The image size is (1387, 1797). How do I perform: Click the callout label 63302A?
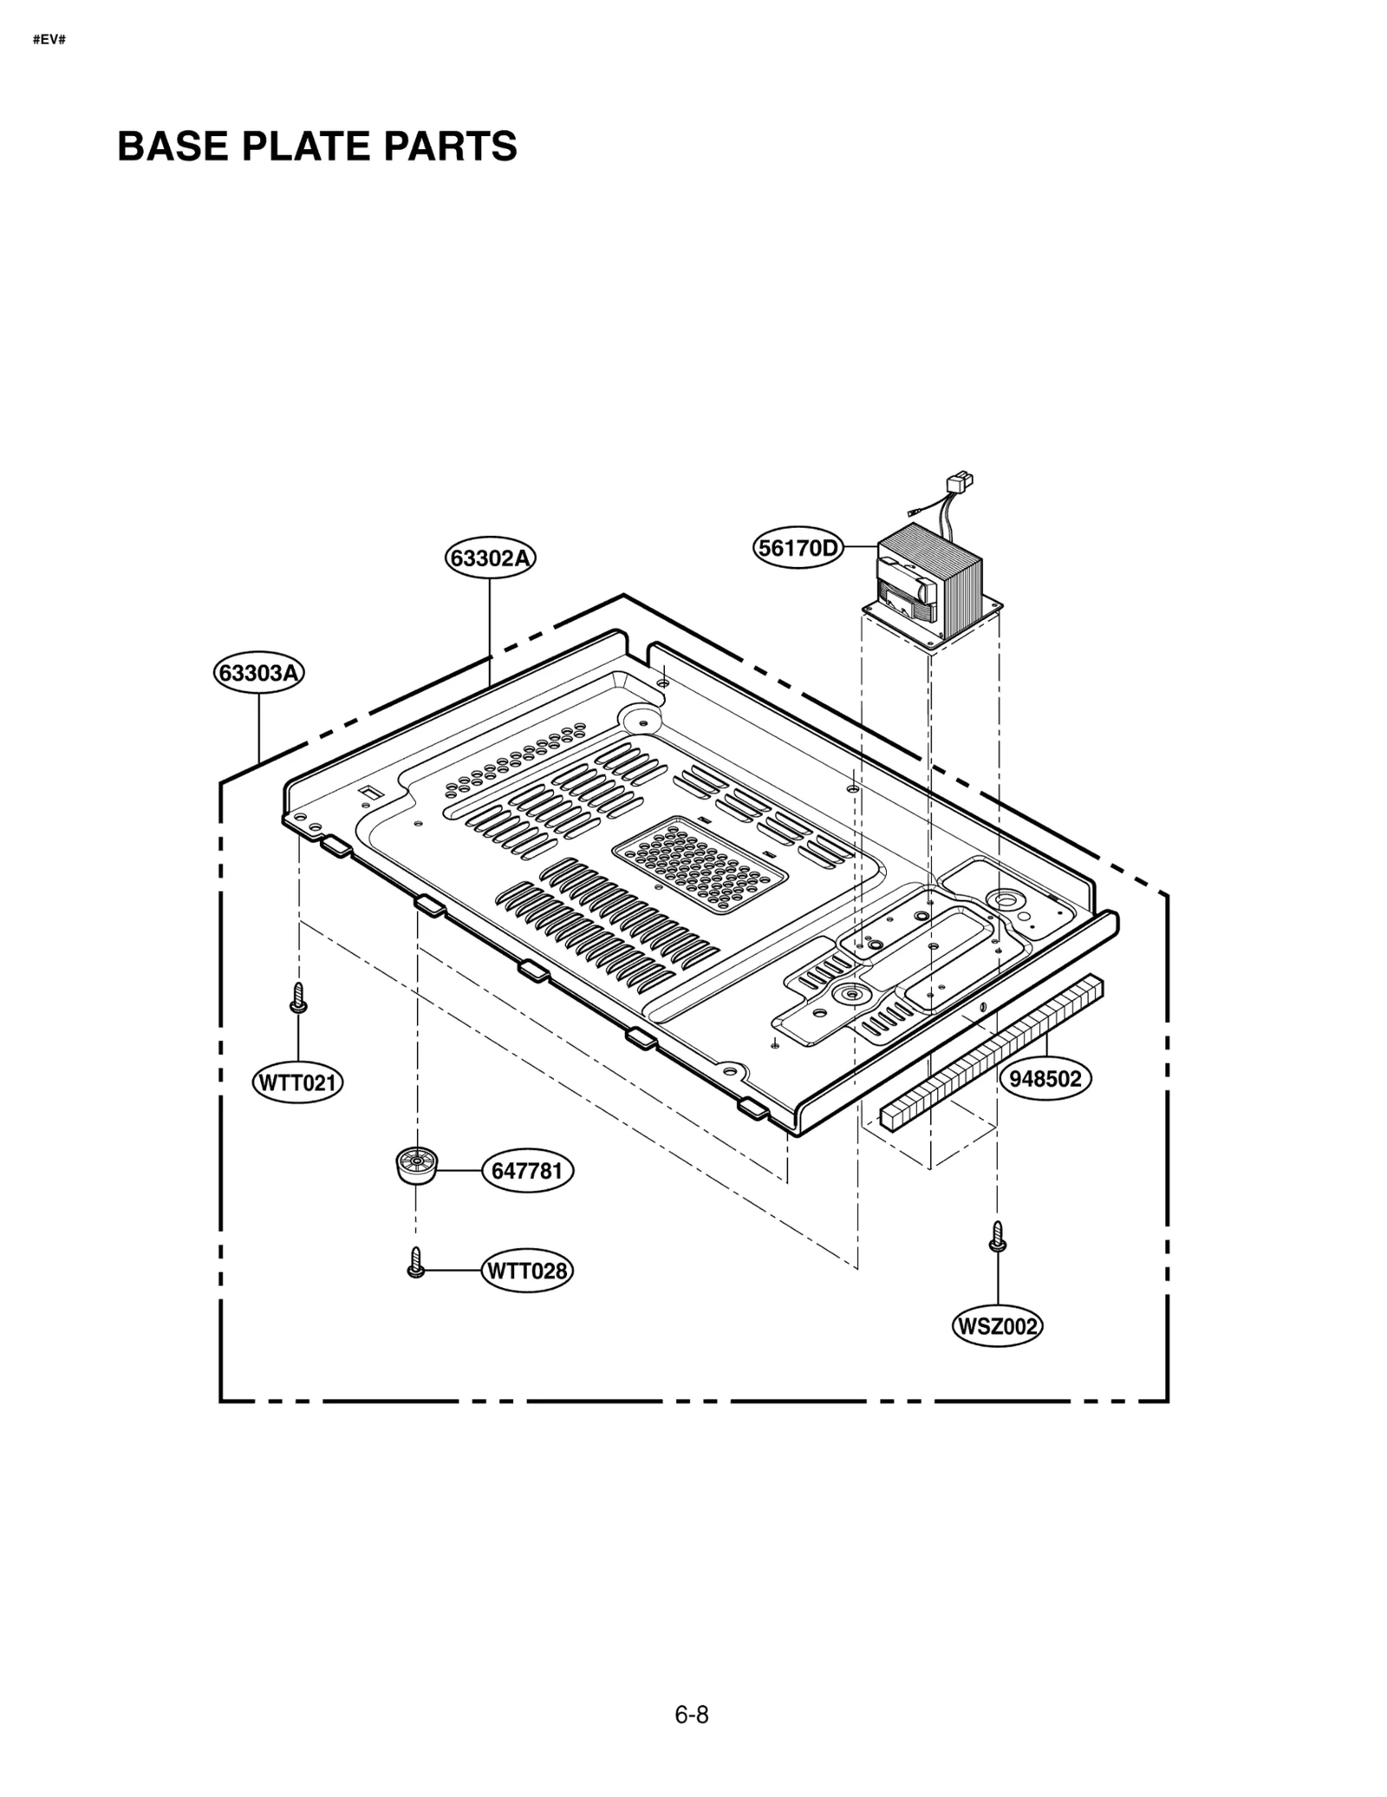pyautogui.click(x=490, y=557)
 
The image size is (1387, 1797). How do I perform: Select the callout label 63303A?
pyautogui.click(x=259, y=673)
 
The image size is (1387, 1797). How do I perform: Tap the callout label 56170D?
pyautogui.click(x=798, y=548)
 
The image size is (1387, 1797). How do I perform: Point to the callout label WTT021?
pyautogui.click(x=297, y=1083)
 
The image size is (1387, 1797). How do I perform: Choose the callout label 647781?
pyautogui.click(x=527, y=1170)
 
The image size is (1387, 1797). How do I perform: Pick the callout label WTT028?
pyautogui.click(x=527, y=1271)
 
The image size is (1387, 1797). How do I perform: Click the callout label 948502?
pyautogui.click(x=1045, y=1078)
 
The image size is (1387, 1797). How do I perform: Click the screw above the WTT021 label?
pyautogui.click(x=297, y=998)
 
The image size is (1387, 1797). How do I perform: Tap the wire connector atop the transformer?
pyautogui.click(x=961, y=480)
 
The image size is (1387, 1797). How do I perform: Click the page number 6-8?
pyautogui.click(x=691, y=1715)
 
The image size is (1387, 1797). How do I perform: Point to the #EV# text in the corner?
pyautogui.click(x=49, y=40)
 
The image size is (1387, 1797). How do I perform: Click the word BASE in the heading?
pyautogui.click(x=173, y=146)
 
